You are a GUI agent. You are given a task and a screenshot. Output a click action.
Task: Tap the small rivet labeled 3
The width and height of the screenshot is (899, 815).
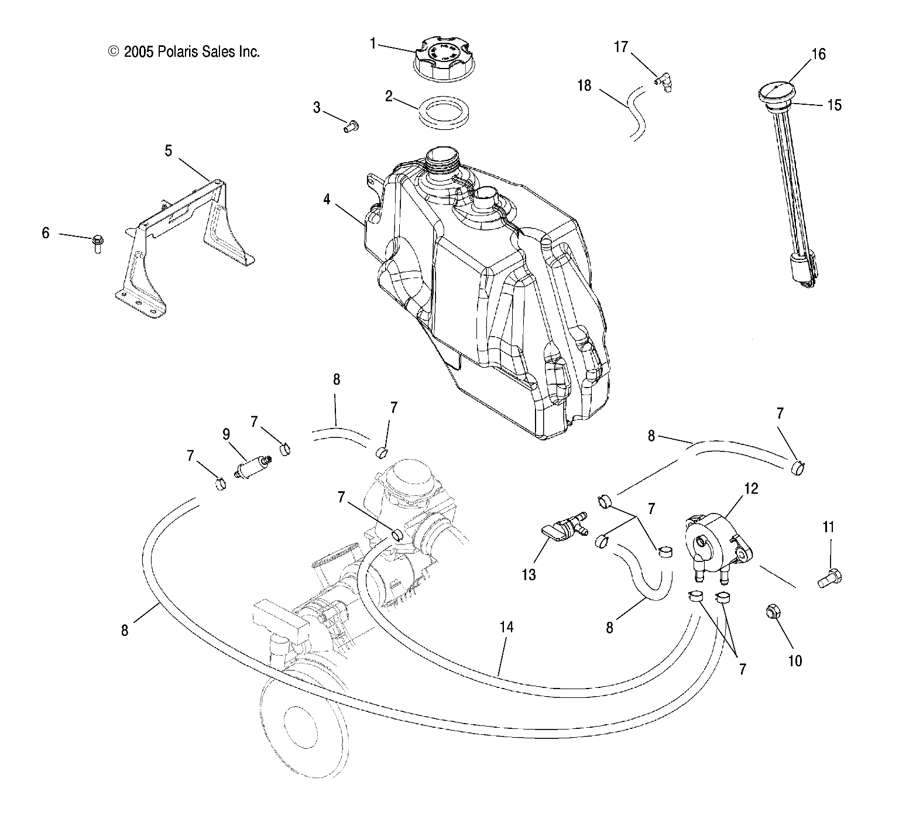352,125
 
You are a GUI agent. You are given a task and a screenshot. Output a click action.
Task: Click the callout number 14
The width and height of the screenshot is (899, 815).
506,627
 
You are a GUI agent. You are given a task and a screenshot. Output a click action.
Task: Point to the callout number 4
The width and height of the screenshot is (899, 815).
327,200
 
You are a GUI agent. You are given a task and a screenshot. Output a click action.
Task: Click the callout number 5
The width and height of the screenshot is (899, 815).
169,151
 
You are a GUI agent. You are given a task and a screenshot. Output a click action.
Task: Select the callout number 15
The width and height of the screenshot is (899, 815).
833,105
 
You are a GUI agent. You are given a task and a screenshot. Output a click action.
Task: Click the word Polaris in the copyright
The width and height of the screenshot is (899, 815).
177,52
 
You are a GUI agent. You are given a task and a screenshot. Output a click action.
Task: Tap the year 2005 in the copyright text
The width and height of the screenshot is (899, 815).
139,52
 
